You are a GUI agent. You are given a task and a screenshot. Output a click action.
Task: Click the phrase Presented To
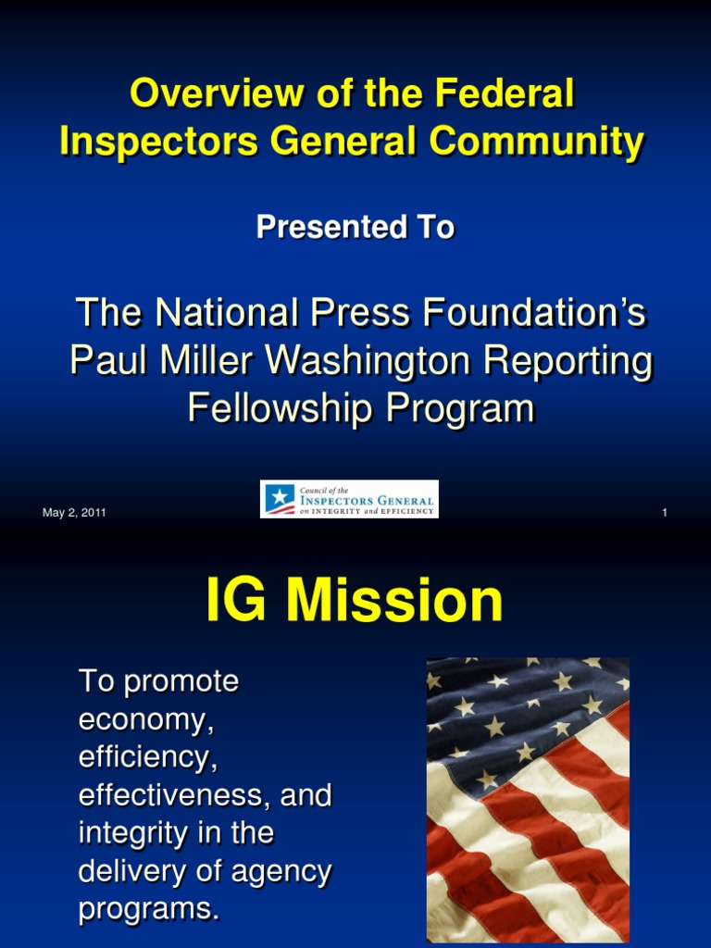pos(355,227)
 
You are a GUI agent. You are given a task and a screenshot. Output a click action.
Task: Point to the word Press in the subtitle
pos(370,314)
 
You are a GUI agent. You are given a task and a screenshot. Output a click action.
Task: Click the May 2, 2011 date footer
pos(74,513)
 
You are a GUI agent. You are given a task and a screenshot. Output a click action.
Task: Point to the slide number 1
pos(665,513)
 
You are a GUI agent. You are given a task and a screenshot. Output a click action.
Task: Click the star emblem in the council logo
pos(278,500)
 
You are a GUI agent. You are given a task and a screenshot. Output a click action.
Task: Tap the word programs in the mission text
pos(148,910)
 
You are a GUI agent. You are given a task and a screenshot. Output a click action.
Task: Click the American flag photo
pos(528,800)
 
